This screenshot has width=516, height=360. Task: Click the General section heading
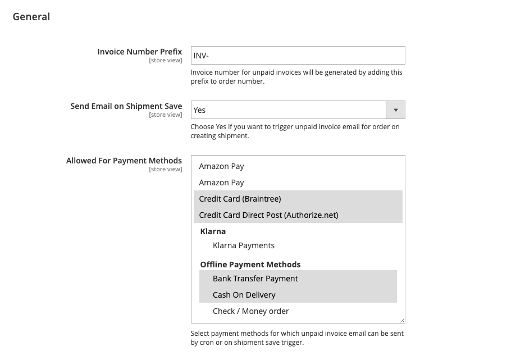tap(31, 17)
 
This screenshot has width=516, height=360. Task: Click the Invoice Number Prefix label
tap(140, 52)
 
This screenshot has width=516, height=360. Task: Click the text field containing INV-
tap(298, 56)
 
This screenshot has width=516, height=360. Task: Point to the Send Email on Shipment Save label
tap(126, 106)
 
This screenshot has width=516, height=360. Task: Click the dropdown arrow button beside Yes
tap(396, 110)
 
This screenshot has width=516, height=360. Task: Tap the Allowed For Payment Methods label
tap(124, 161)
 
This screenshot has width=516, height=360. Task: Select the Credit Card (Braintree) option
tap(240, 199)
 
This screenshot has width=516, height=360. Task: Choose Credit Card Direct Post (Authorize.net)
tap(268, 215)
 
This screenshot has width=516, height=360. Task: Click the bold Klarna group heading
tap(213, 231)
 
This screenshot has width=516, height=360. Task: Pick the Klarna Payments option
tap(244, 245)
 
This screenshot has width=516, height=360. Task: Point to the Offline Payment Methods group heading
tap(250, 265)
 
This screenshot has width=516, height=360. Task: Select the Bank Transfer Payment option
tap(255, 279)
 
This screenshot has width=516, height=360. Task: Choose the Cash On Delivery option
tap(244, 295)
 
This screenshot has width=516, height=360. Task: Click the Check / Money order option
tap(251, 311)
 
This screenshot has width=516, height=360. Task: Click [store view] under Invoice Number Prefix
tap(165, 61)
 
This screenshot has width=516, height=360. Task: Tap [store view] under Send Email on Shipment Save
tap(165, 115)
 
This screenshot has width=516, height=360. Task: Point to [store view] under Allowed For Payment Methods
tap(165, 170)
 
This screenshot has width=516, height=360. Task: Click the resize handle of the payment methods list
tap(402, 320)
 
